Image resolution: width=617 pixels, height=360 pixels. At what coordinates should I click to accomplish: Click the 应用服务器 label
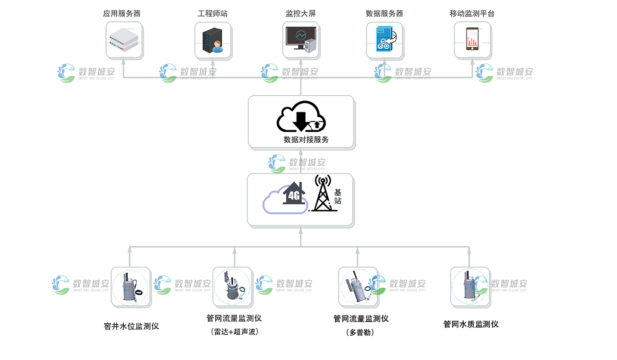point(122,13)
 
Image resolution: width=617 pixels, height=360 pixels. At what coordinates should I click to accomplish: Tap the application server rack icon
point(123,39)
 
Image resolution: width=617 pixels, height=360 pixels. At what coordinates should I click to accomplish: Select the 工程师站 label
point(213,13)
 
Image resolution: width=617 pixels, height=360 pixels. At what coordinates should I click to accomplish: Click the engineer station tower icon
point(211,39)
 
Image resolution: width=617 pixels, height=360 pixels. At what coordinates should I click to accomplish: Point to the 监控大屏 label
point(301,13)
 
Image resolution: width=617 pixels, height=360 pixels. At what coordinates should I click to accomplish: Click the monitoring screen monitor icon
point(301,39)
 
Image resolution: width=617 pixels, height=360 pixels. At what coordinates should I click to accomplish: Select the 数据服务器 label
point(384,13)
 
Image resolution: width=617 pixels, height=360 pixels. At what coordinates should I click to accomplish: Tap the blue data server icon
point(385,39)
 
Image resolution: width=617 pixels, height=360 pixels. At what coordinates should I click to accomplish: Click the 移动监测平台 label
point(472,13)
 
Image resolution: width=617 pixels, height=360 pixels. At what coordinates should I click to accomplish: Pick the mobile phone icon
point(472,39)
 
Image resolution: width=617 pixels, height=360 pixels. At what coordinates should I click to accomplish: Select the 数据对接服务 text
point(306,140)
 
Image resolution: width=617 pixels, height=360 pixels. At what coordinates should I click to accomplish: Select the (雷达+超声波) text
point(234,332)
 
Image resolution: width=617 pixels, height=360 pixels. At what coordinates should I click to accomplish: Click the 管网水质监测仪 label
point(471,324)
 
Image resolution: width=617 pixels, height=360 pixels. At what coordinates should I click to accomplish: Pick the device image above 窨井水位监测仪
point(131,287)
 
